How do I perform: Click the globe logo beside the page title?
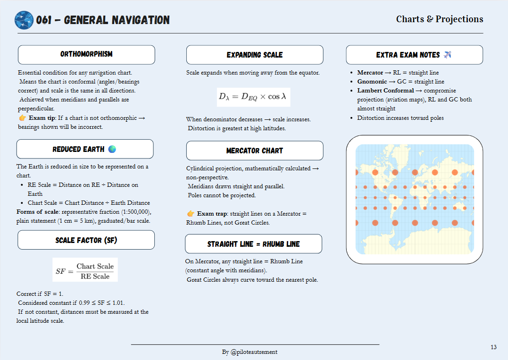(x=24, y=20)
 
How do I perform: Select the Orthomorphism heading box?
(x=86, y=55)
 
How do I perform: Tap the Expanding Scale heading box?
(x=255, y=55)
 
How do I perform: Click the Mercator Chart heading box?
(x=255, y=151)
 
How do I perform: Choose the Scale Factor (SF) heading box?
(x=86, y=240)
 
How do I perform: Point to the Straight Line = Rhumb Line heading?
(x=253, y=244)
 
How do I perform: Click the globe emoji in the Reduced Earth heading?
(x=112, y=149)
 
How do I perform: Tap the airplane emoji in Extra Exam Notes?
(x=448, y=55)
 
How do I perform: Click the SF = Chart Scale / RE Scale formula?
(x=85, y=271)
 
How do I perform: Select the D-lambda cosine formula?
(x=253, y=97)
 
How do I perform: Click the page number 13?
(x=493, y=347)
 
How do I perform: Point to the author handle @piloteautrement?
(x=254, y=352)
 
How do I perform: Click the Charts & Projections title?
(x=439, y=19)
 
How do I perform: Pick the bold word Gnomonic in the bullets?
(x=372, y=82)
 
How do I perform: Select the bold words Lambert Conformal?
(x=384, y=91)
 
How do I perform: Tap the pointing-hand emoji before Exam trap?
(x=191, y=214)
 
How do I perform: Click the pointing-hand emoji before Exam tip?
(x=22, y=118)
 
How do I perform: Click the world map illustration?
(x=414, y=199)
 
